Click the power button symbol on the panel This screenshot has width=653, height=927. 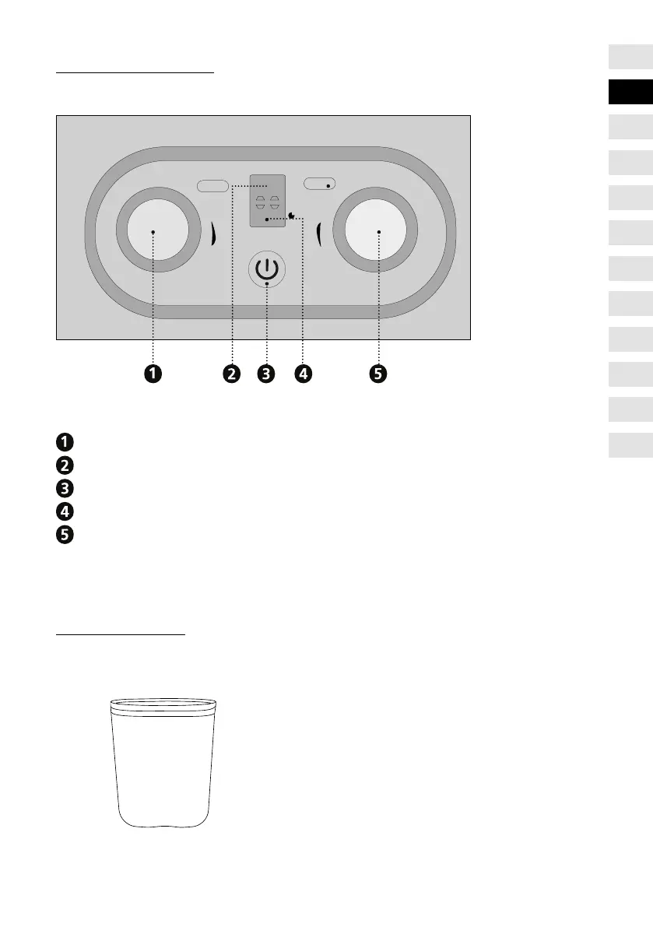click(x=266, y=271)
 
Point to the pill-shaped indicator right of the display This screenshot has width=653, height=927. click(x=319, y=184)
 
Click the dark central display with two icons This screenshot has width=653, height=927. click(x=267, y=200)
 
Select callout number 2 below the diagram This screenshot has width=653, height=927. click(x=231, y=374)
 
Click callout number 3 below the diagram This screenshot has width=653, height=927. click(x=266, y=374)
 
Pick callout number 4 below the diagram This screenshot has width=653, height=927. click(x=302, y=374)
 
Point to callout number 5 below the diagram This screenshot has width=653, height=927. click(x=377, y=374)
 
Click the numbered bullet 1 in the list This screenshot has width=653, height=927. click(x=65, y=442)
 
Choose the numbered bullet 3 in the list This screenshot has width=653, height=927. click(x=65, y=489)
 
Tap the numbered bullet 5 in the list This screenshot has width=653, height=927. click(x=65, y=535)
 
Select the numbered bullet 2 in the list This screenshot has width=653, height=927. click(x=65, y=465)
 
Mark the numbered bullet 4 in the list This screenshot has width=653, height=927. click(x=65, y=512)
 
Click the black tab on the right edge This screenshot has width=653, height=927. click(x=630, y=92)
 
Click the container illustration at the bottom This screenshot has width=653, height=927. click(x=162, y=761)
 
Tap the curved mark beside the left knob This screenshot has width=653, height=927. click(x=212, y=233)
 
